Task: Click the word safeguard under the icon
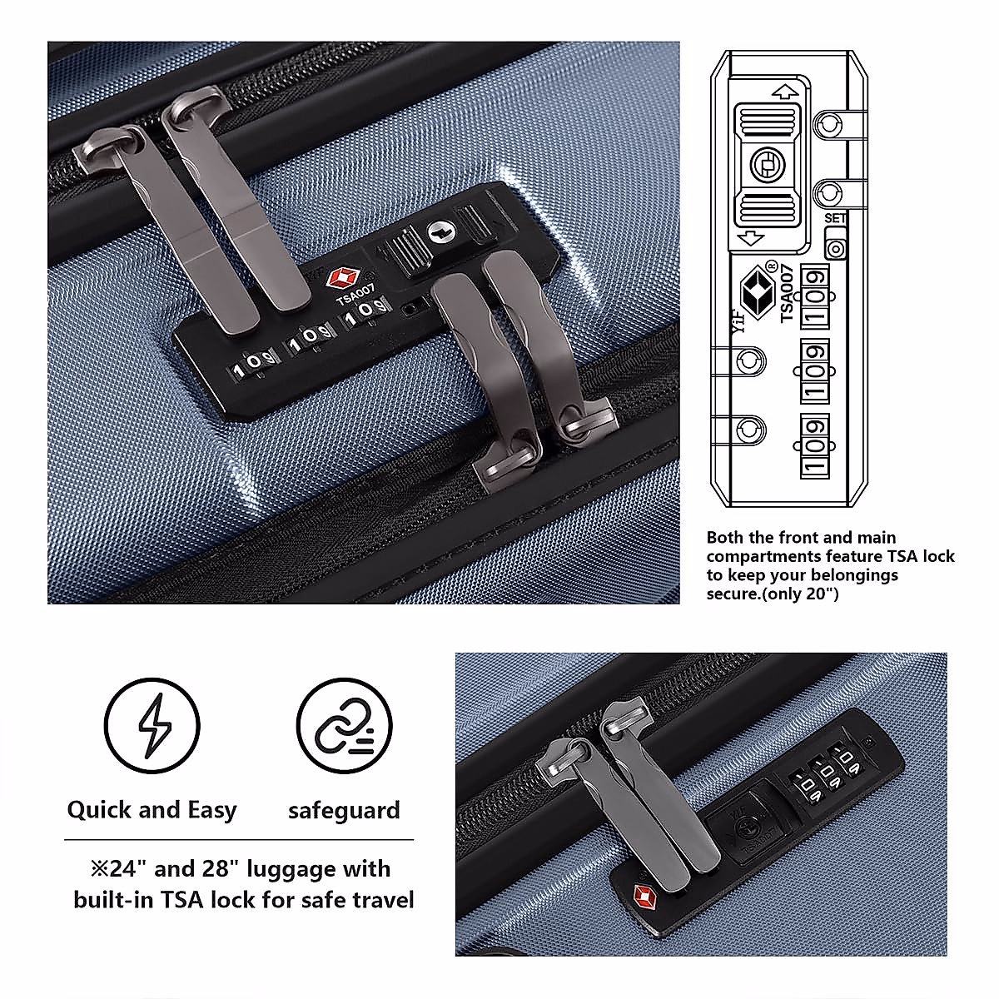click(x=344, y=810)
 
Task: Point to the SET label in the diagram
click(x=835, y=218)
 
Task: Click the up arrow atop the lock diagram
click(x=782, y=91)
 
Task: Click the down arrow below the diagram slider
click(x=752, y=238)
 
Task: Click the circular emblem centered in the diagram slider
click(x=763, y=164)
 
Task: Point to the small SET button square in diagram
click(x=836, y=247)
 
